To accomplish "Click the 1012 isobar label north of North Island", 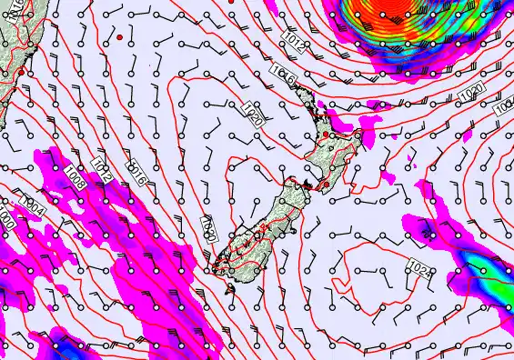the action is pyautogui.click(x=294, y=40).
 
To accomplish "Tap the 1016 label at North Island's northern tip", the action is pyautogui.click(x=282, y=75).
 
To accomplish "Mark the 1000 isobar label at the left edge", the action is pyautogui.click(x=6, y=220).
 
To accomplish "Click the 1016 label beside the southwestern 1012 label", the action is pyautogui.click(x=138, y=169).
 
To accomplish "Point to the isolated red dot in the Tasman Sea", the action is pyautogui.click(x=119, y=36).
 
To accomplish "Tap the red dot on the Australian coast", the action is pyautogui.click(x=21, y=70).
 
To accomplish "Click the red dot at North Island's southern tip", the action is pyautogui.click(x=322, y=186).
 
